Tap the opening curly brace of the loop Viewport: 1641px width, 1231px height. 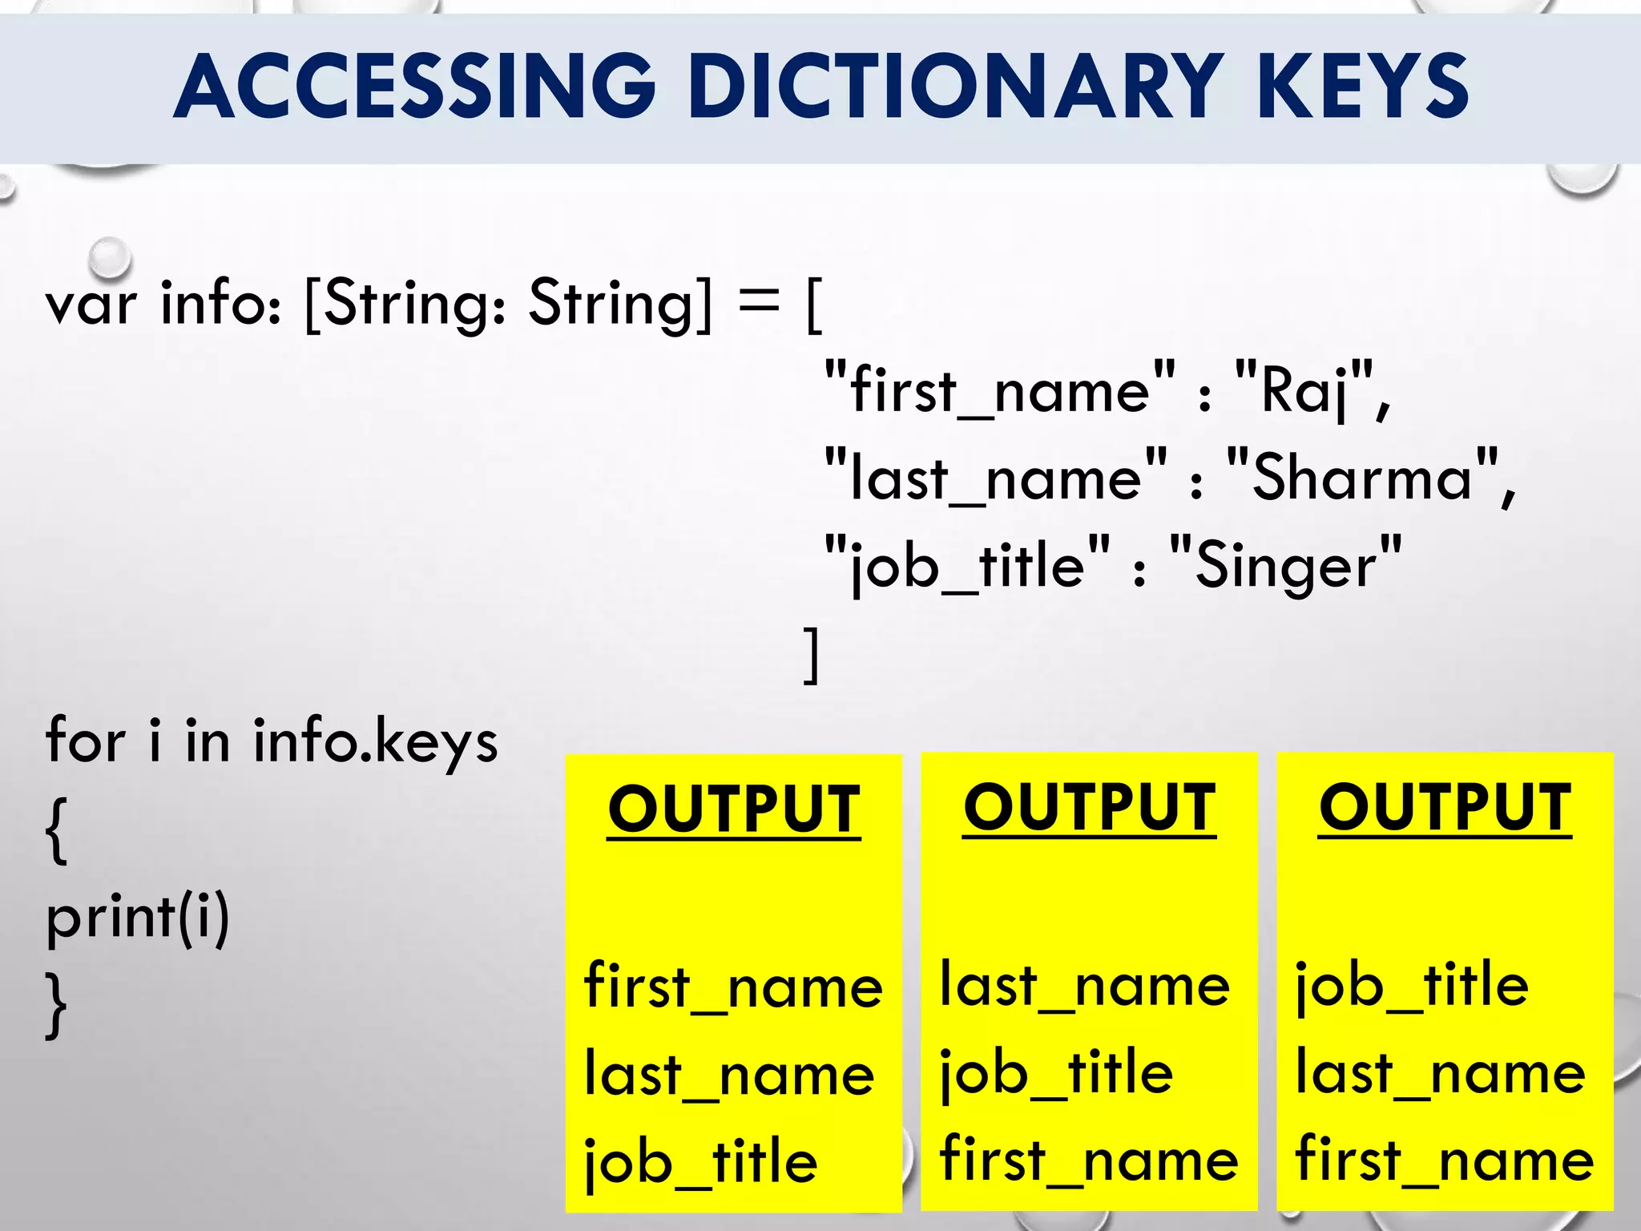pyautogui.click(x=56, y=829)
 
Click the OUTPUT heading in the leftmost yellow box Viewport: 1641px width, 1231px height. pyautogui.click(x=733, y=809)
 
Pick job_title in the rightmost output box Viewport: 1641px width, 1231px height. pyautogui.click(x=1412, y=986)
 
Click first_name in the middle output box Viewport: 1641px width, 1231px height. pyautogui.click(x=1089, y=1160)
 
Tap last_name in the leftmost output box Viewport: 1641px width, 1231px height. pyautogui.click(x=729, y=1074)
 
